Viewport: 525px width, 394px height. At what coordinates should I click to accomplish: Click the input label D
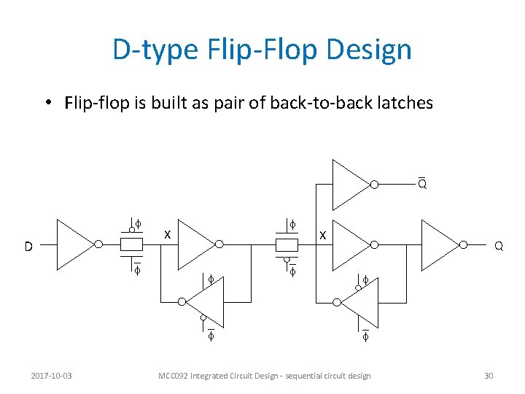(28, 247)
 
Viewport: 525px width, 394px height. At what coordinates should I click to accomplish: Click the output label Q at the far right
(499, 247)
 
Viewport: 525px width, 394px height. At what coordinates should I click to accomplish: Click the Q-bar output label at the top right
(422, 185)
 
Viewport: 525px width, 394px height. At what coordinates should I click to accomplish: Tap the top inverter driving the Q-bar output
(350, 185)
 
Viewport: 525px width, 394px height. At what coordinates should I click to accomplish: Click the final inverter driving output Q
(440, 245)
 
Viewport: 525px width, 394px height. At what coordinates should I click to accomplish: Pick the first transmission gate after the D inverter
(131, 244)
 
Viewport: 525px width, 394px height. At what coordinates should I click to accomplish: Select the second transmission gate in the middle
(287, 244)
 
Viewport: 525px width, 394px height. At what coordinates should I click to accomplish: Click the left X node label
(167, 235)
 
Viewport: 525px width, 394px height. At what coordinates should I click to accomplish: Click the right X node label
(323, 235)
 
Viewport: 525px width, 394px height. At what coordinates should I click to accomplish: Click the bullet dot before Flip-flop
(46, 104)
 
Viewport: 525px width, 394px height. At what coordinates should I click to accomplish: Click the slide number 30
(489, 376)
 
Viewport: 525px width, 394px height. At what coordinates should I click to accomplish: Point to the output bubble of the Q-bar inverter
(374, 185)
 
